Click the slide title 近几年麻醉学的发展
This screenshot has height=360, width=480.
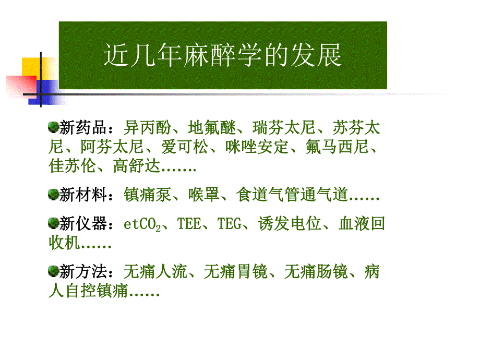coord(223,56)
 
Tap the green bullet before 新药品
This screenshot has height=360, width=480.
coord(53,127)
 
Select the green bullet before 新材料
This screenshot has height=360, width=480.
coord(53,195)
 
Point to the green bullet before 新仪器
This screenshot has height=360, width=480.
coord(53,224)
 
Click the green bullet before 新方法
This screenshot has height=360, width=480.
coord(53,272)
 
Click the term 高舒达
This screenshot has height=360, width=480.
coord(137,167)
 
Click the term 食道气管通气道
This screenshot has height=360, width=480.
coord(292,196)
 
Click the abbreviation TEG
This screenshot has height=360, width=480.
coord(229,225)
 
